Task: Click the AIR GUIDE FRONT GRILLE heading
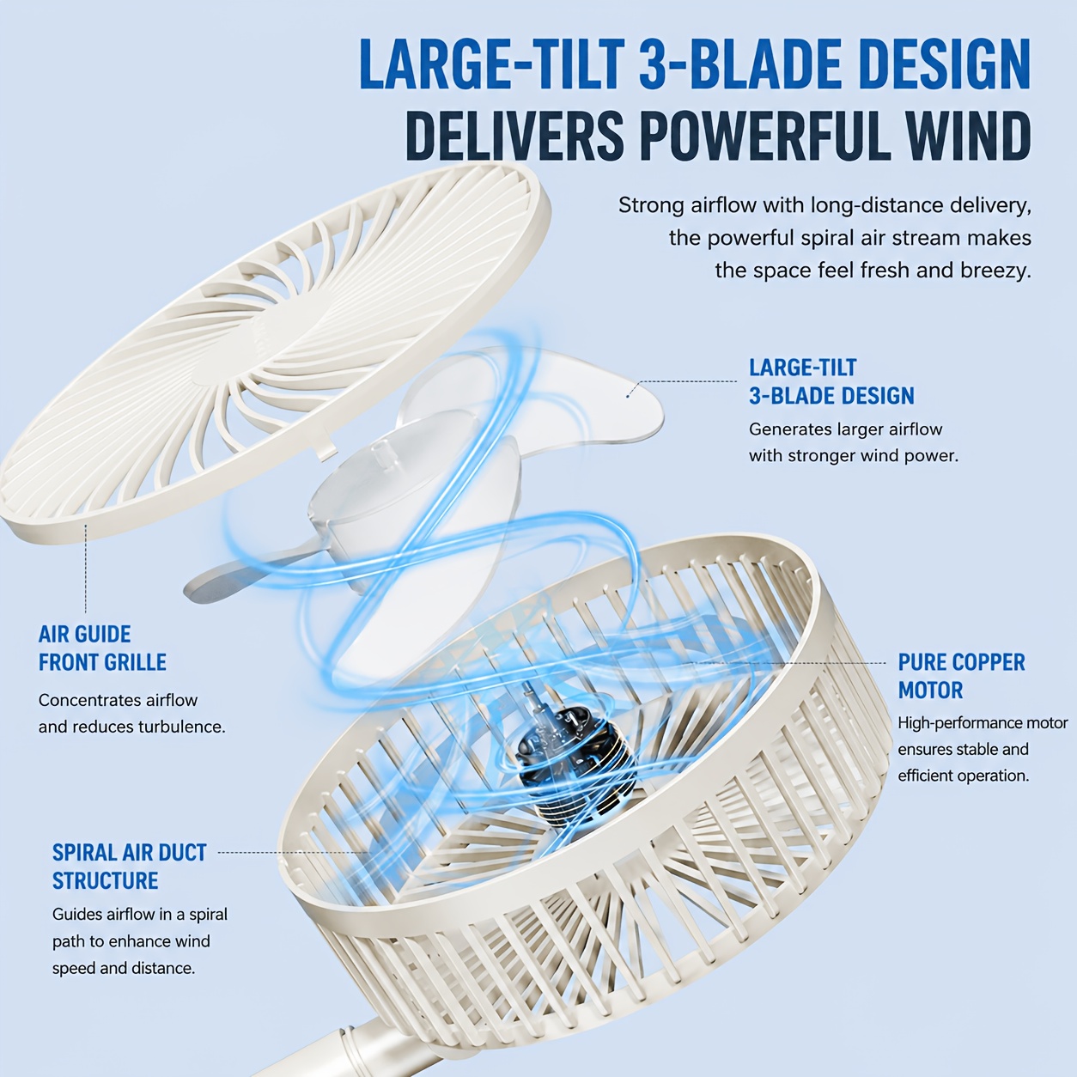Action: tap(102, 648)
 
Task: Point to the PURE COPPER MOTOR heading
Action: tap(961, 676)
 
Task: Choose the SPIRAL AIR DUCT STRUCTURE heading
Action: tap(129, 867)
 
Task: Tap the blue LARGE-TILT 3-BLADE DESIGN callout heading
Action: tap(831, 381)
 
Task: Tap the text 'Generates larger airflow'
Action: tap(845, 429)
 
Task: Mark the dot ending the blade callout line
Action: tap(628, 396)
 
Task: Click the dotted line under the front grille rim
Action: tap(86, 569)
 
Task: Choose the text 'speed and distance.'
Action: tap(124, 968)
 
